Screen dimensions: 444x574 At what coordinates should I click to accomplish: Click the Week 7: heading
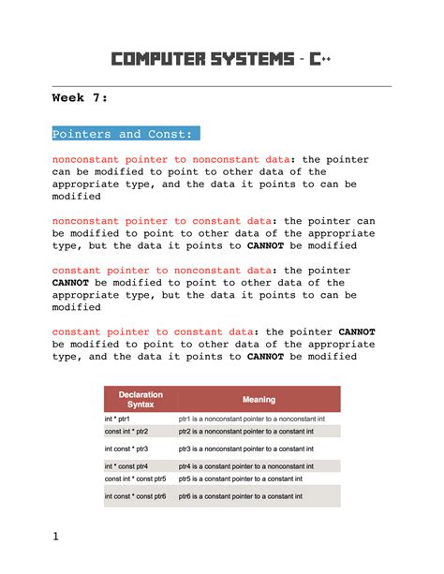[80, 97]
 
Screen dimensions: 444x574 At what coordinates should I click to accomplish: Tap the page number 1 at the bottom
[55, 537]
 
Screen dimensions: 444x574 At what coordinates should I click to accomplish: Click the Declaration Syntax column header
[140, 399]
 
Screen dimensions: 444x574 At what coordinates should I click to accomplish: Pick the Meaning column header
[259, 399]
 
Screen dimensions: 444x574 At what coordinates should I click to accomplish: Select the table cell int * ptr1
[117, 419]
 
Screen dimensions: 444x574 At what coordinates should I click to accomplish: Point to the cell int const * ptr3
[127, 449]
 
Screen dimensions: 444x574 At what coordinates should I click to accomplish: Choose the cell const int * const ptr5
[135, 478]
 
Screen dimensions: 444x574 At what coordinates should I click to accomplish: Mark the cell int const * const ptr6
[135, 495]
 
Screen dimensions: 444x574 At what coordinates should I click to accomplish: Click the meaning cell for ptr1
[252, 419]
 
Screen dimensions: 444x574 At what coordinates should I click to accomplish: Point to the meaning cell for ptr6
[245, 495]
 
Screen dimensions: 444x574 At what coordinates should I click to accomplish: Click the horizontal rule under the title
[221, 86]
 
